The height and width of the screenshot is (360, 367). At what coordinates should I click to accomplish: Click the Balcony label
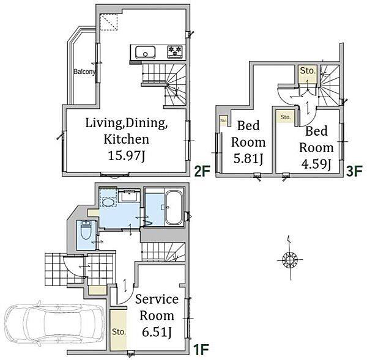pos(84,72)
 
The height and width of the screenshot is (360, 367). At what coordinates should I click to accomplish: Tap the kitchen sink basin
pos(145,53)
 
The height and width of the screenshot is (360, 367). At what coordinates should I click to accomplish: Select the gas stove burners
pos(175,51)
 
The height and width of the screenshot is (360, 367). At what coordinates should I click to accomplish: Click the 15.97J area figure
pos(127,156)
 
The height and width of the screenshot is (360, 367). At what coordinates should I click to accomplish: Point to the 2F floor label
pos(202,171)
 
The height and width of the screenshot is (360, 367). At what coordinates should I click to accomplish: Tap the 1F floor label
pos(201,350)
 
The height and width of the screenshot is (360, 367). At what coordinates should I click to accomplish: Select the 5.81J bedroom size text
pos(248,158)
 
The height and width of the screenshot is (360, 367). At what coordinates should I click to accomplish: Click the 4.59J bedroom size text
pos(316,164)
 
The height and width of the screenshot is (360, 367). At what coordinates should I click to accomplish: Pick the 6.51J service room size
pos(157,332)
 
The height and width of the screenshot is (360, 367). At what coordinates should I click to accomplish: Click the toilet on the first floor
pos(86,230)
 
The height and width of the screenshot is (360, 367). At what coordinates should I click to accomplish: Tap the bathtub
pos(174,207)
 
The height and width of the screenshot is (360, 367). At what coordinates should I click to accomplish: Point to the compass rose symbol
pos(290,259)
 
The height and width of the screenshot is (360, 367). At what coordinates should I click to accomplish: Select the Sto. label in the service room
pos(119,332)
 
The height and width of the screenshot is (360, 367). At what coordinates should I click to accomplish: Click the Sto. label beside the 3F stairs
pos(308,70)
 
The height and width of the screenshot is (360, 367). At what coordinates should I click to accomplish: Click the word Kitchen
pos(126,139)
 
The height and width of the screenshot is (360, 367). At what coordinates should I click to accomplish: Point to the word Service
pos(157,299)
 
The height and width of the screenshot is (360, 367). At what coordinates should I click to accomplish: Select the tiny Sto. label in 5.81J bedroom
pos(223,120)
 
